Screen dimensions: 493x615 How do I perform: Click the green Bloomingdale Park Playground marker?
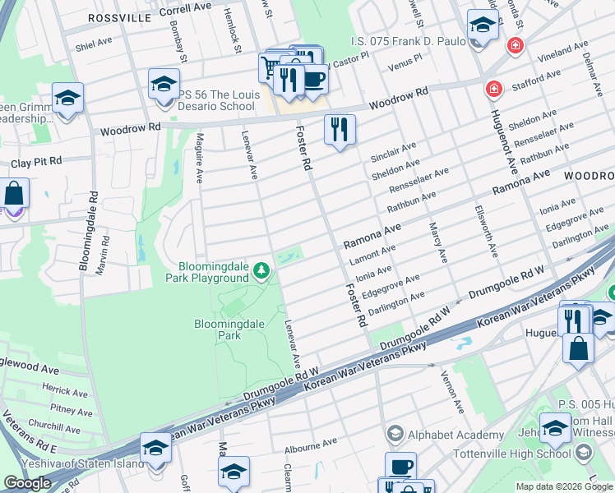pyautogui.click(x=261, y=270)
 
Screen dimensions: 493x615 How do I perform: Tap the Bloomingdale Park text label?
pyautogui.click(x=229, y=329)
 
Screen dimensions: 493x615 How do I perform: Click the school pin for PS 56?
pyautogui.click(x=164, y=85)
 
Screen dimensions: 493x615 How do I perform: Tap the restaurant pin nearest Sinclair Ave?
pyautogui.click(x=339, y=130)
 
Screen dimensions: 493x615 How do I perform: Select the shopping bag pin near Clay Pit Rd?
pyautogui.click(x=15, y=195)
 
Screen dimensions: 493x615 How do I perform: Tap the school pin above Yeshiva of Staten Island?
pyautogui.click(x=155, y=449)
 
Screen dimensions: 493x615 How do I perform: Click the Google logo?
pyautogui.click(x=27, y=483)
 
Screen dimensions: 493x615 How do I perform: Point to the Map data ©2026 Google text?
pyautogui.click(x=564, y=486)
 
